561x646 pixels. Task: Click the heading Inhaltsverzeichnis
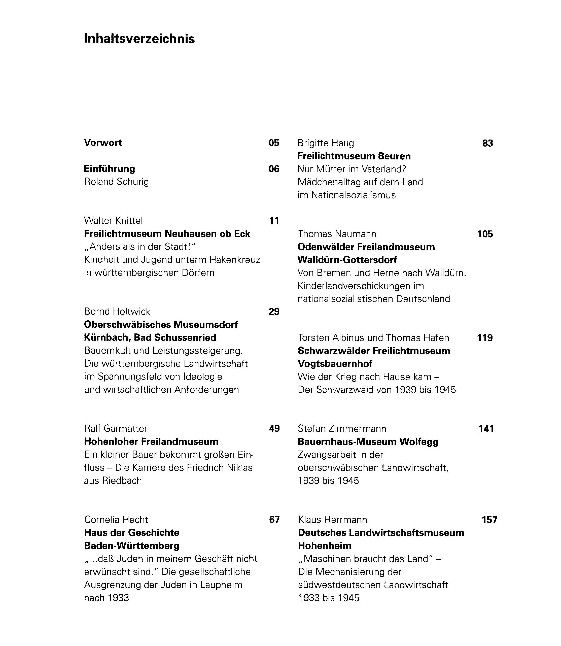tap(139, 39)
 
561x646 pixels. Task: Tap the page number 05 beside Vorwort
tap(274, 143)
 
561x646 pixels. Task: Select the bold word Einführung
tap(109, 169)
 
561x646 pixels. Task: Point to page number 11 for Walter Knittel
tap(274, 221)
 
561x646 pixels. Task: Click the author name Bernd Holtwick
tap(117, 312)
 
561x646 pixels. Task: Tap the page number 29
tap(274, 312)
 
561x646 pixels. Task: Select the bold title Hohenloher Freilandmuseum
tap(151, 441)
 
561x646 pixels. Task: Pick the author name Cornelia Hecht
tap(116, 520)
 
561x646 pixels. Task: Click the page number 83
tap(487, 143)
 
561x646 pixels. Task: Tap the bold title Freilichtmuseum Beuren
tap(354, 156)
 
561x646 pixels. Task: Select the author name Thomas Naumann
tap(337, 234)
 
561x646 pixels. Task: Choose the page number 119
tap(485, 338)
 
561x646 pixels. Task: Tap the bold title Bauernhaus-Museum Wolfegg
tap(368, 441)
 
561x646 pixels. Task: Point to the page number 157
tap(489, 520)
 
